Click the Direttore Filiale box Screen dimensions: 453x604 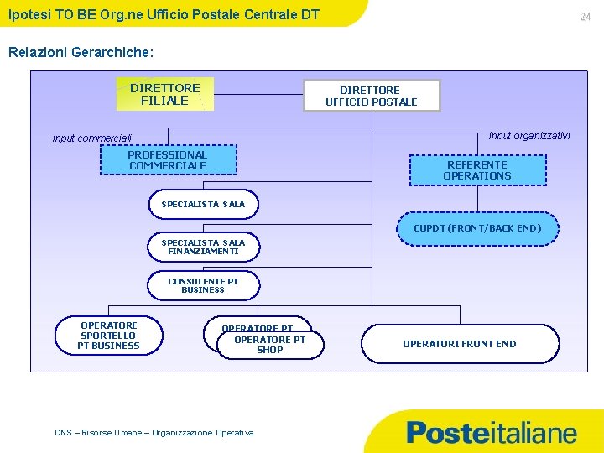click(164, 94)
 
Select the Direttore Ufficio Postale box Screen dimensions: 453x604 click(372, 96)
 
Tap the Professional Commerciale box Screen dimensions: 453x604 click(168, 160)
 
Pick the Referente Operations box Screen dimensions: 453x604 click(477, 170)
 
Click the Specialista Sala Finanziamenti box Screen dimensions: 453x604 click(204, 247)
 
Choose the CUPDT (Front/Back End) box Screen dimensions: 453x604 click(477, 228)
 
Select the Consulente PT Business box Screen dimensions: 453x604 click(203, 285)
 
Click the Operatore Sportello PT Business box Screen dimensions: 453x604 click(109, 336)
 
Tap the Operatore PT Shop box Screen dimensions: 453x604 click(270, 345)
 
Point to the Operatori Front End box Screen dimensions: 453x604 click(460, 344)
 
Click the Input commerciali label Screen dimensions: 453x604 click(92, 138)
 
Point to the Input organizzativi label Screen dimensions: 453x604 click(529, 135)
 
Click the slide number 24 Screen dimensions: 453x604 click(586, 17)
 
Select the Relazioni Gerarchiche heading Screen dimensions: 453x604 click(81, 52)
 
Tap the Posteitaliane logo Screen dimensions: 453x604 click(492, 433)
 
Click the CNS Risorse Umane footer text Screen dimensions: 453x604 click(154, 432)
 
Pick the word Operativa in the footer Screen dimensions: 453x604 click(234, 432)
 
